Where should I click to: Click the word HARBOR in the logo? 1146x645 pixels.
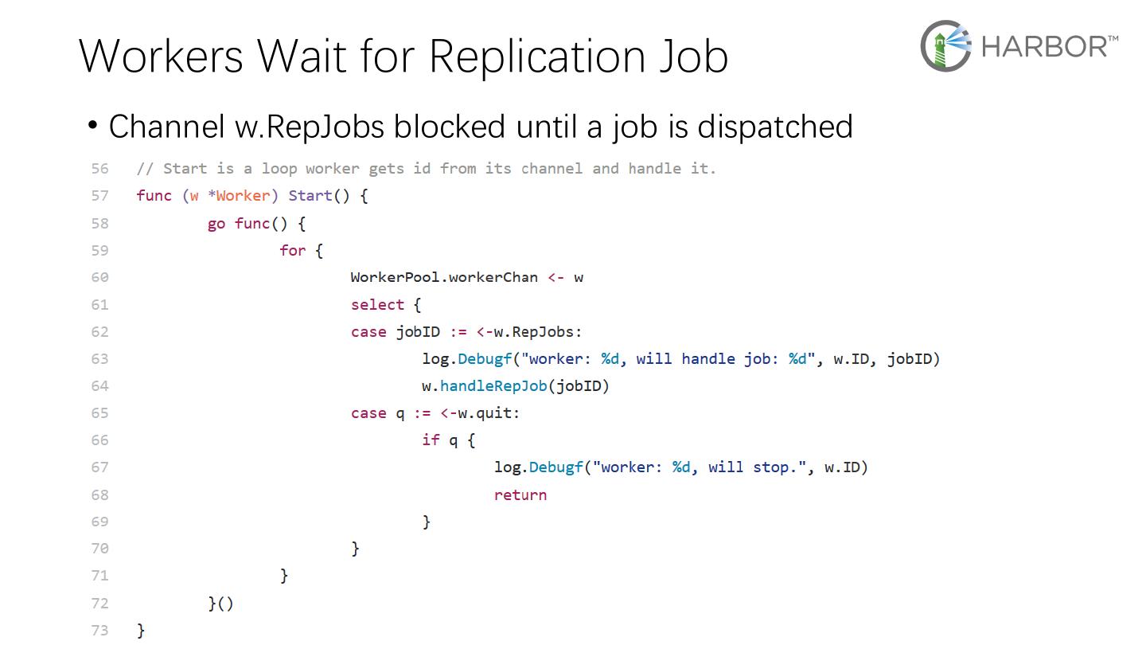1044,46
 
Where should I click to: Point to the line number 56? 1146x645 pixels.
99,169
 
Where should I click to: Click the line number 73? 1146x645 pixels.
99,630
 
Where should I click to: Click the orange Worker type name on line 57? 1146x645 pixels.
243,196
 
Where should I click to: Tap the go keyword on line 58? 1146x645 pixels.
216,224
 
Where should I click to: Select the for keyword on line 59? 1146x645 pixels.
292,250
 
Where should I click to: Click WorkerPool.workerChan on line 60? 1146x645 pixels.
443,277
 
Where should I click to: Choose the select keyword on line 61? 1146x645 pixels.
377,304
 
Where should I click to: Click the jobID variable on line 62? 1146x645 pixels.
418,332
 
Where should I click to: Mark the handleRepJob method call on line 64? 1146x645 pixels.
493,386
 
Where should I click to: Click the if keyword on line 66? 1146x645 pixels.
431,440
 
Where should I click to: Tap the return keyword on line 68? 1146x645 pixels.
520,494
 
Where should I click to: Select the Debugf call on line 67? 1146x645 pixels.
555,467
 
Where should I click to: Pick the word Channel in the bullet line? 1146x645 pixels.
166,127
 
